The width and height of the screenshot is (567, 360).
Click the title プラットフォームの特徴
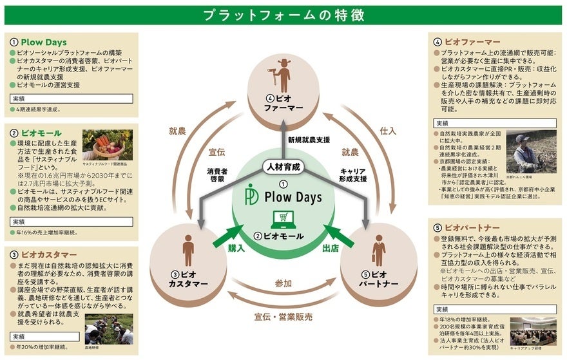283,15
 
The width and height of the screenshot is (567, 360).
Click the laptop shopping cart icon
282,220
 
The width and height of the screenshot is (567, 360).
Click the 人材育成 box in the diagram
283,166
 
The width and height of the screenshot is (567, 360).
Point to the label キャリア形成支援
352,175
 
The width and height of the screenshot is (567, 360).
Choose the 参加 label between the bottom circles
283,283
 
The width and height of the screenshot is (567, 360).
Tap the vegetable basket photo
107,144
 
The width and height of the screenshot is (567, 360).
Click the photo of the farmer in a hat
531,152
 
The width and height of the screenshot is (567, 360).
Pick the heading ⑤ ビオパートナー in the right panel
466,228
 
